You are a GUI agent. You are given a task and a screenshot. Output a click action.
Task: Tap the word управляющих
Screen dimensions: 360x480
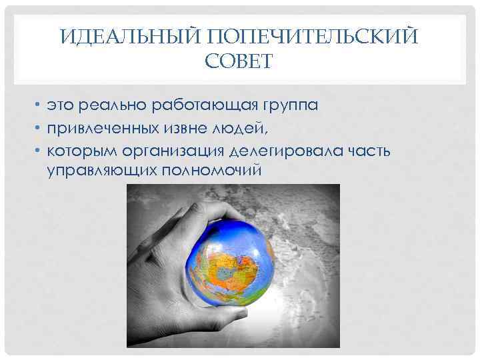(101, 171)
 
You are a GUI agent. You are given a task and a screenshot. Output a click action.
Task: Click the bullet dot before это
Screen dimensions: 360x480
(39, 106)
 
